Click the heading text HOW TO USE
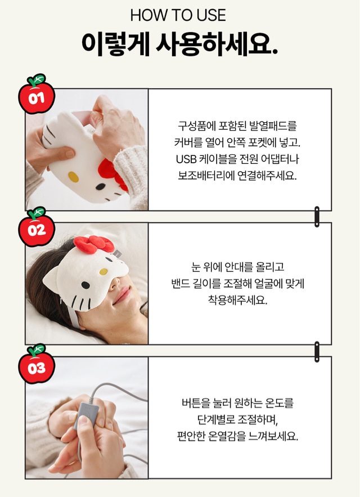tap(178, 15)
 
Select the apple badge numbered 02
tap(37, 227)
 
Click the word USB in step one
tap(186, 159)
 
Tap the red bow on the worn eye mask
tap(94, 244)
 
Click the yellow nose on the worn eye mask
tap(103, 272)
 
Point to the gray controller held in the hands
tap(86, 415)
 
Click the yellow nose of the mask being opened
tap(73, 177)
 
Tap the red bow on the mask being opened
tap(112, 174)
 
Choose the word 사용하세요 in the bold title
tap(217, 44)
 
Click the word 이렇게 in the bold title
tap(115, 44)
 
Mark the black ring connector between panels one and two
tap(317, 217)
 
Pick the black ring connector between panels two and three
tap(317, 352)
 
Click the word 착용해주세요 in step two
tap(238, 300)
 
